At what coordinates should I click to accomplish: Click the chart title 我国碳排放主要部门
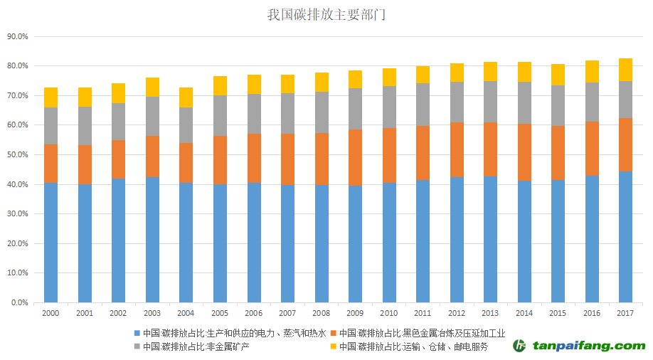coord(327,14)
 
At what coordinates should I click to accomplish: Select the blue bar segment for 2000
coord(51,242)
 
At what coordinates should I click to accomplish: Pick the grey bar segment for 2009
coord(355,108)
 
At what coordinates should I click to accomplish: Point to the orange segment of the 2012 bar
coord(456,149)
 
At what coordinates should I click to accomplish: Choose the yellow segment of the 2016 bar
coord(591,71)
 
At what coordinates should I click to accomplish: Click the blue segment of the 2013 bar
coord(490,238)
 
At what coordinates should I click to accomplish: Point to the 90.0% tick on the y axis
coord(18,36)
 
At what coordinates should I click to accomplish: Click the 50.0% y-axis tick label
coord(18,154)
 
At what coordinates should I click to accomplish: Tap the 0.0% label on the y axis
coord(20,302)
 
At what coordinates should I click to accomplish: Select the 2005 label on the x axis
coord(220,313)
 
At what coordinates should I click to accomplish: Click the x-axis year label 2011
coord(423,313)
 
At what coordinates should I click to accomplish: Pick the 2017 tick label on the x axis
coord(625,313)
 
